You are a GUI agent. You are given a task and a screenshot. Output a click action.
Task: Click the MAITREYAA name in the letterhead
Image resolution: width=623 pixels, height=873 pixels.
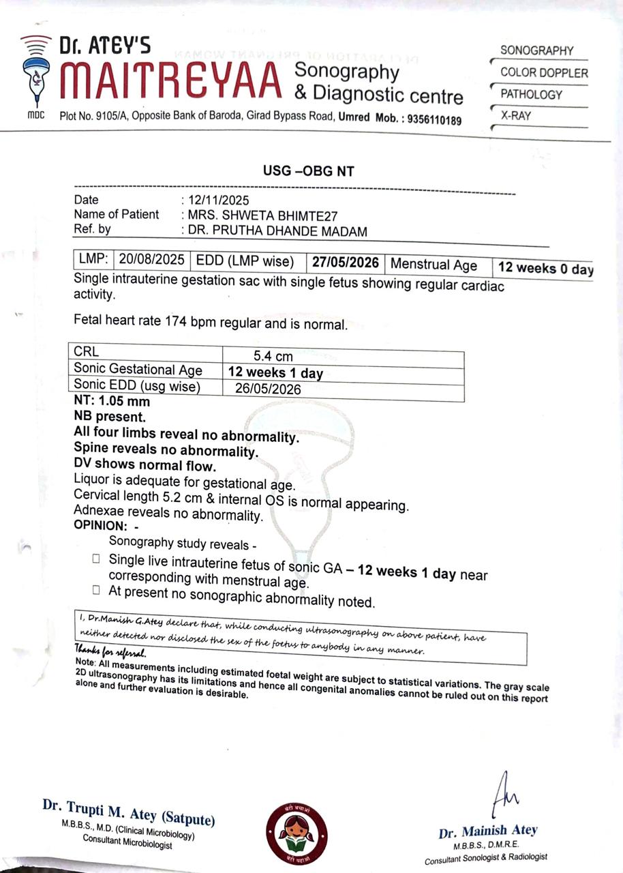pos(170,80)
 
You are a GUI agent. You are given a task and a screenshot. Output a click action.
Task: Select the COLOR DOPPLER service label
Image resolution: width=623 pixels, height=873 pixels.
pos(544,72)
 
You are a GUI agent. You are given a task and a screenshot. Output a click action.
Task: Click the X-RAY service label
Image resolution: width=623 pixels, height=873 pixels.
pos(516,116)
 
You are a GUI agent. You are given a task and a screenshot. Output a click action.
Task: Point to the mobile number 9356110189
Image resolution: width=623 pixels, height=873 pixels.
pos(435,120)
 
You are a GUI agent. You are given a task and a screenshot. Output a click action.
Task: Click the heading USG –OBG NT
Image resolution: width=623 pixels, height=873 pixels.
pos(309,171)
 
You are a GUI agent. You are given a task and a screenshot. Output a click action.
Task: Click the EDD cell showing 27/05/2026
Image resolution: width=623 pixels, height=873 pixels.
pos(346,263)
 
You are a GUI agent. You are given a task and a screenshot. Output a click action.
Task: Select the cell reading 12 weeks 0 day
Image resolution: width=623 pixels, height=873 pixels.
pos(545,268)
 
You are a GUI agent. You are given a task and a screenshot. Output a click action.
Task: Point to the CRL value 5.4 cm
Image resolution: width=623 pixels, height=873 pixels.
pos(273,356)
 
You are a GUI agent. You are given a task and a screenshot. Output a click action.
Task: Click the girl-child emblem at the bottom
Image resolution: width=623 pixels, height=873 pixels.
pos(296,831)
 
